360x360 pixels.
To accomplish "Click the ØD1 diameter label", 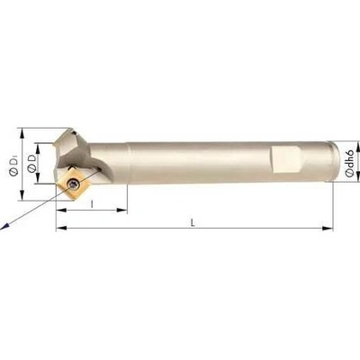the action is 13,165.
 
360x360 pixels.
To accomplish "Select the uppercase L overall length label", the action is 193,222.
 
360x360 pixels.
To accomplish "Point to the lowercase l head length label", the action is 92,204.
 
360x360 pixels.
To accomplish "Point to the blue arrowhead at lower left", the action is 4,227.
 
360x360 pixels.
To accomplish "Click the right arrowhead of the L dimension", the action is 328,229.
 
